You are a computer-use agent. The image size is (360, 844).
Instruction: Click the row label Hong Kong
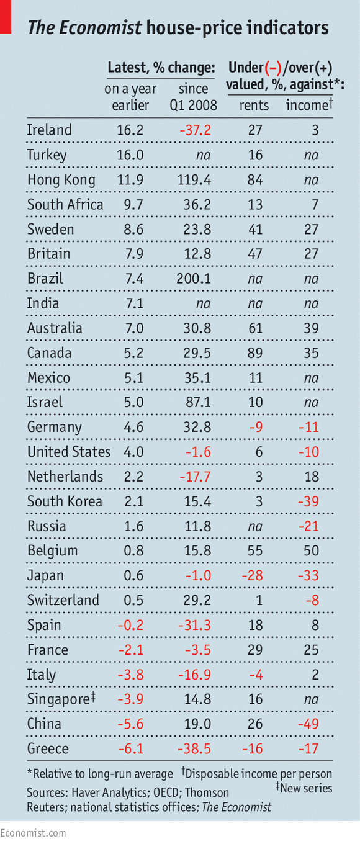tap(61, 180)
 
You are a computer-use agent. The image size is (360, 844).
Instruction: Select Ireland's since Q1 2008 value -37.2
tap(195, 130)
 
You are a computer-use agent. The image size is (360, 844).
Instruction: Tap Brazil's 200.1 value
tap(194, 279)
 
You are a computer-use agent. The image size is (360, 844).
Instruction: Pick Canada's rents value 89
tap(255, 353)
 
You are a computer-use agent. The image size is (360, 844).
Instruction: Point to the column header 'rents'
tap(254, 105)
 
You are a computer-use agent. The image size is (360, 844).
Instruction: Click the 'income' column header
tap(309, 105)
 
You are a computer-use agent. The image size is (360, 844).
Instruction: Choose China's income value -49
tap(308, 724)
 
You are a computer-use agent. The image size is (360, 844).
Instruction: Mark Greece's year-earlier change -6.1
tap(131, 748)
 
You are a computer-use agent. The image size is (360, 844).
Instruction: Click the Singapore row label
tap(61, 699)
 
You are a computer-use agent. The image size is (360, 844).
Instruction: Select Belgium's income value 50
tap(311, 551)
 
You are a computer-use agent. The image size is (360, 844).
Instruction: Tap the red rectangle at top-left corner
tap(6, 17)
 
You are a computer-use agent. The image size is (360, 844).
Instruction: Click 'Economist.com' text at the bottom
tap(33, 833)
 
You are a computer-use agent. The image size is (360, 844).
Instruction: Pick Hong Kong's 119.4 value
tap(194, 180)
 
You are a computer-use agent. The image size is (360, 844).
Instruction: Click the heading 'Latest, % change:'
tap(161, 68)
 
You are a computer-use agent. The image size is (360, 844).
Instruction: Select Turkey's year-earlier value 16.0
tap(130, 155)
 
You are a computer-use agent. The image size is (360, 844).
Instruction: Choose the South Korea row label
tap(65, 501)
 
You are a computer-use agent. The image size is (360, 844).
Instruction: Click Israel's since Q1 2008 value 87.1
tap(198, 402)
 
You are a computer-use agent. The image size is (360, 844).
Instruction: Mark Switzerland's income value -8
tap(312, 600)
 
